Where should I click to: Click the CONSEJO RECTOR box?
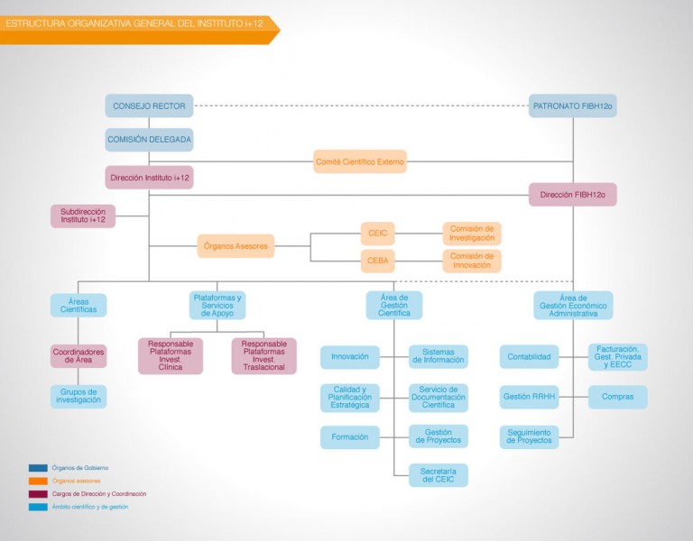point(149,105)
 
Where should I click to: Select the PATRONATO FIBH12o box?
point(573,105)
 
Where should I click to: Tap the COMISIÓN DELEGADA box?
point(149,140)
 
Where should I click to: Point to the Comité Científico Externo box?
point(360,161)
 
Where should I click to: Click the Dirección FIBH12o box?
point(573,195)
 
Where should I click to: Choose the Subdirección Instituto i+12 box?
point(83,216)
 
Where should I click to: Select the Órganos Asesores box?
point(236,246)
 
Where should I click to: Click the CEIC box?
point(377,234)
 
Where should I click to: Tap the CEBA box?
point(377,261)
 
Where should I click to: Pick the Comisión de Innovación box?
point(472,261)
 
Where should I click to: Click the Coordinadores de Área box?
point(79,356)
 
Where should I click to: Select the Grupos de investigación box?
point(79,396)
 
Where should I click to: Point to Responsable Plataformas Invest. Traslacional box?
point(263,355)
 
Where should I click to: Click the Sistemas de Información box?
point(439,356)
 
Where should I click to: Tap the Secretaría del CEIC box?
point(439,475)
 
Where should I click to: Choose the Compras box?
point(618,397)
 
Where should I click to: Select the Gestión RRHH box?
point(529,397)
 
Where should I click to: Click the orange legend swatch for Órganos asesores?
point(38,481)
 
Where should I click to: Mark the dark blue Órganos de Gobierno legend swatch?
point(38,468)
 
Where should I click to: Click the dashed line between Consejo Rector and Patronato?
point(361,106)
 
